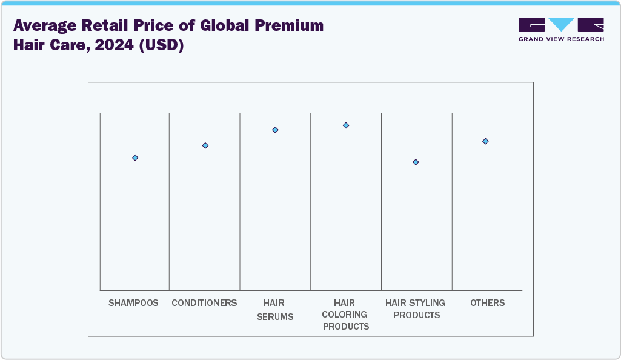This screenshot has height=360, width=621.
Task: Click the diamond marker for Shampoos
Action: point(135,158)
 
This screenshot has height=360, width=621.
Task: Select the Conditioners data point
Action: point(205,145)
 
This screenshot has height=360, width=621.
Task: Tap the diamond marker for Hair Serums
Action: point(275,130)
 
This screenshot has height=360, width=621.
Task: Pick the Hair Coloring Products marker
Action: point(346,125)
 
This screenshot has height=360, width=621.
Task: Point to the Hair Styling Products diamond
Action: point(416,162)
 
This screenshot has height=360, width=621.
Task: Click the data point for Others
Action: point(485,141)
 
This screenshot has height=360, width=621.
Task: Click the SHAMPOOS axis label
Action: point(133,303)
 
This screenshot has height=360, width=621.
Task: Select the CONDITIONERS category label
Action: point(204,303)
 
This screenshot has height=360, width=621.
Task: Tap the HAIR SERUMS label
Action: point(274,309)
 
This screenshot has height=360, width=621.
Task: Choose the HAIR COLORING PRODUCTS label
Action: point(345,315)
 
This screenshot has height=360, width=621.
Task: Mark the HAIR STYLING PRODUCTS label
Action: point(415,309)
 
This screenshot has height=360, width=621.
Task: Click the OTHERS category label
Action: point(487,303)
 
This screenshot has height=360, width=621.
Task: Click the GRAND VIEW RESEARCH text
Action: point(561,39)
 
